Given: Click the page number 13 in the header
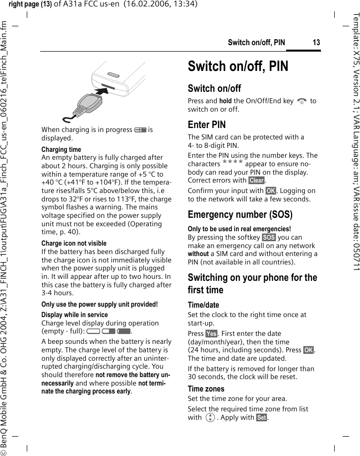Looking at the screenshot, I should pyautogui.click(x=316, y=43).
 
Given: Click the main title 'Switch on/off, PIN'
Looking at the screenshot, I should pyautogui.click(x=238, y=66).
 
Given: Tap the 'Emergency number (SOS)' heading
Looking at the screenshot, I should pyautogui.click(x=240, y=214).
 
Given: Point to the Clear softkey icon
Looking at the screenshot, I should pyautogui.click(x=256, y=181).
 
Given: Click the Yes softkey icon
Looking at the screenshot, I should pyautogui.click(x=211, y=333).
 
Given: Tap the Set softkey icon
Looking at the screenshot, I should pyautogui.click(x=261, y=418).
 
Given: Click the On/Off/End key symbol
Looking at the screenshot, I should pyautogui.click(x=301, y=101).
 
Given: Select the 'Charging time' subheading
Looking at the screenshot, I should pyautogui.click(x=61, y=149).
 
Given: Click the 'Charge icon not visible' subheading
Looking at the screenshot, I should pyautogui.click(x=74, y=244).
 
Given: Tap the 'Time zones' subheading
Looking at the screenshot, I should pyautogui.click(x=206, y=389).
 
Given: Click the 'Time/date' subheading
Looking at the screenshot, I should pyautogui.click(x=203, y=305).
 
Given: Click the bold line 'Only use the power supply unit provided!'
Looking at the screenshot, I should pyautogui.click(x=100, y=304).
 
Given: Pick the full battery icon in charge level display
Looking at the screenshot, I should pyautogui.click(x=124, y=331).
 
